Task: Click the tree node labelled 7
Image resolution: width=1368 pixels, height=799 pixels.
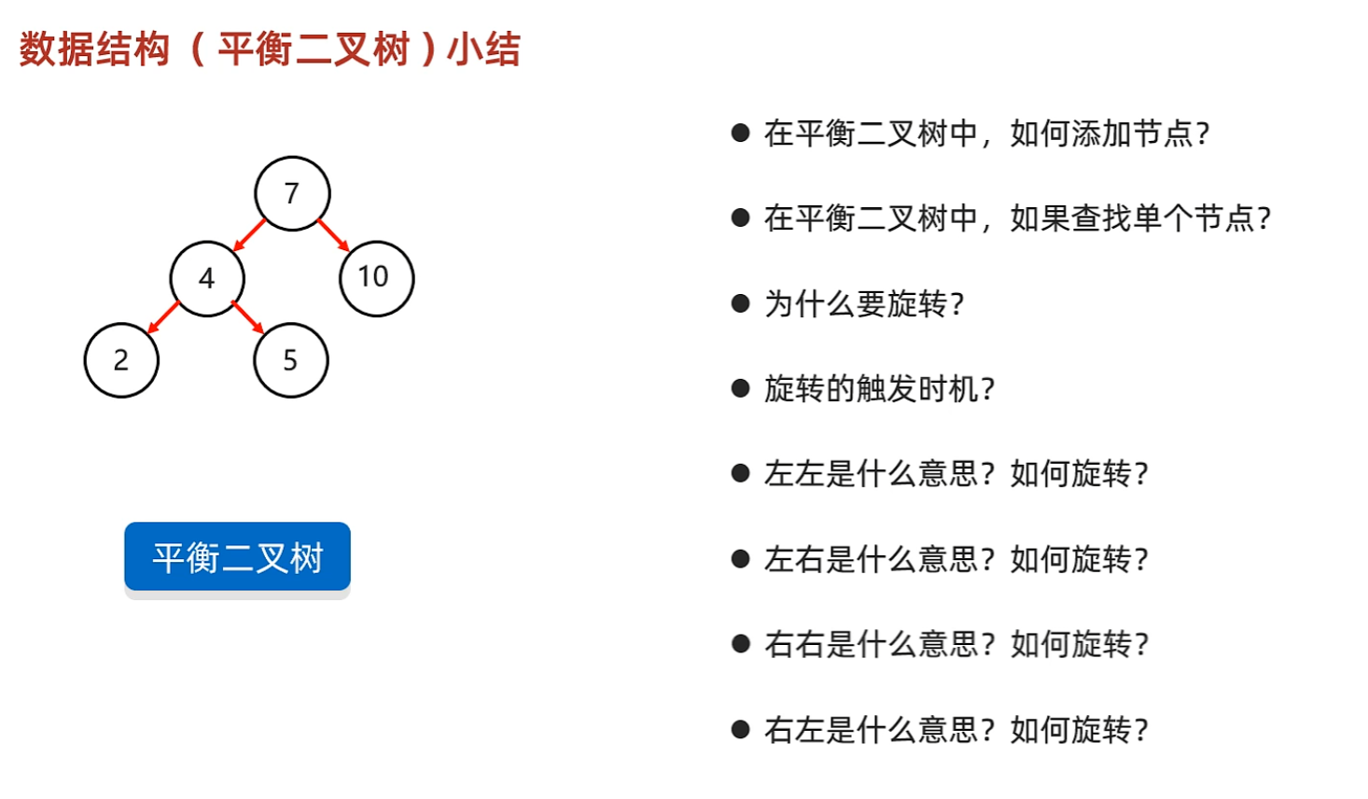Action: click(x=292, y=193)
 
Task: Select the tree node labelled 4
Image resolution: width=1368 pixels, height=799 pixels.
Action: click(x=207, y=278)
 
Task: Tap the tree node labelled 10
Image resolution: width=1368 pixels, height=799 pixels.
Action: click(x=376, y=278)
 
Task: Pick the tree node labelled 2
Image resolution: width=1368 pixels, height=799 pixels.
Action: click(x=121, y=360)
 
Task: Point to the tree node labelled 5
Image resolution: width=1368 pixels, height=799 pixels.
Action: click(x=290, y=360)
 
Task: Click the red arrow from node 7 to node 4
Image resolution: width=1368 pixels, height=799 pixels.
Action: click(x=249, y=235)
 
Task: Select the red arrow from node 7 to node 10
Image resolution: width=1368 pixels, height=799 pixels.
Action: click(x=333, y=234)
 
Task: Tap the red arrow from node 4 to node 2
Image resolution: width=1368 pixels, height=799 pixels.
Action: click(x=163, y=317)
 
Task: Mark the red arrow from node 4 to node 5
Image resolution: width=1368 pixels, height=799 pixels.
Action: click(x=247, y=317)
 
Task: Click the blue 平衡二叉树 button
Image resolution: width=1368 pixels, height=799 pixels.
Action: click(x=237, y=557)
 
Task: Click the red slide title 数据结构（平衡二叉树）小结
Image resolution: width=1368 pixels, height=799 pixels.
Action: click(x=270, y=49)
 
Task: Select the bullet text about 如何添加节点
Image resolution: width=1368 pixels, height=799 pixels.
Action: click(x=986, y=133)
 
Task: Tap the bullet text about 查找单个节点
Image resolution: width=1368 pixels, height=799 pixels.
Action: click(x=1017, y=218)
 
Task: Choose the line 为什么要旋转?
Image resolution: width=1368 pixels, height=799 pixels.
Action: click(x=863, y=303)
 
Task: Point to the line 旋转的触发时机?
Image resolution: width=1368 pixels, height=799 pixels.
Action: click(x=879, y=388)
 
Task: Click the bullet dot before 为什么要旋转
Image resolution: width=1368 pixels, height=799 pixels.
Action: click(x=741, y=303)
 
